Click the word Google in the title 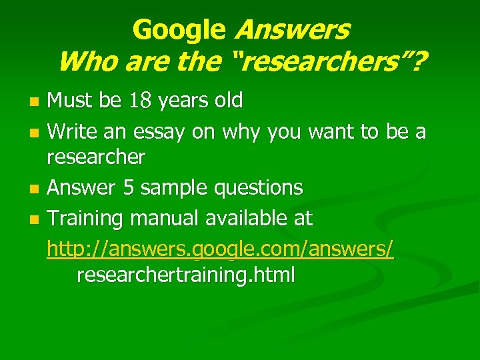point(179,29)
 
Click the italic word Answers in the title point(292,29)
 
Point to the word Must point(69,101)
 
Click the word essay point(161,132)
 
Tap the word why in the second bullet point(237,132)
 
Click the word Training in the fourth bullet point(87,218)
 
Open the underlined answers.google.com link point(220,249)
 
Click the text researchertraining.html point(185,275)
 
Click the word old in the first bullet point(228,101)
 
